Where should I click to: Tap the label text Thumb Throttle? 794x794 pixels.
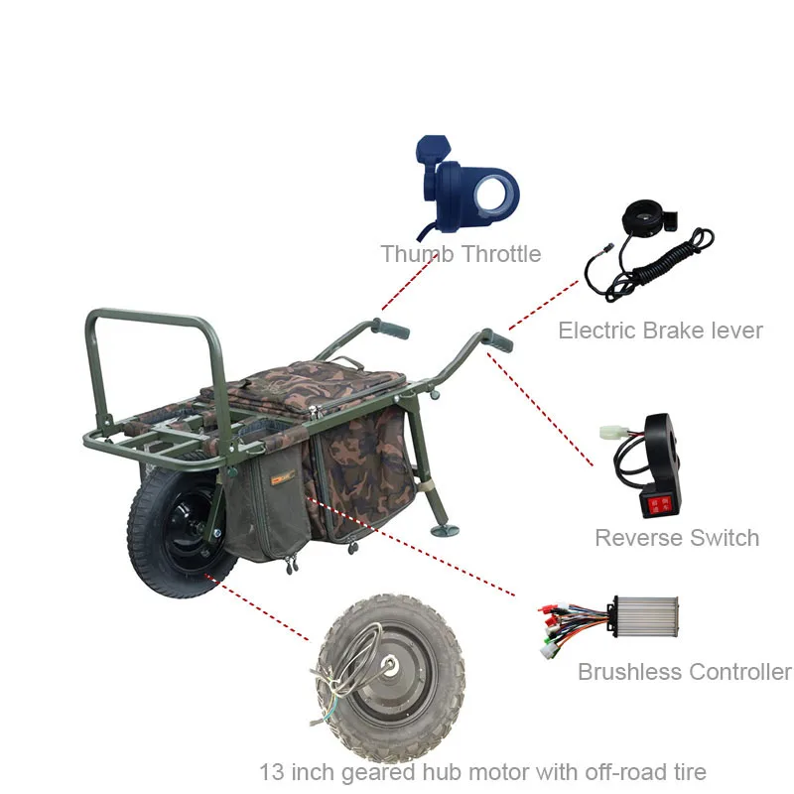click(461, 254)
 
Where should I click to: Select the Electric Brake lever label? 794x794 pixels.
click(660, 331)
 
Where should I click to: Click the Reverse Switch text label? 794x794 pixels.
click(677, 538)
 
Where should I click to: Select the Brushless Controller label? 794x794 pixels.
click(684, 672)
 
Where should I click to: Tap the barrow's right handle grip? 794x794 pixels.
click(498, 340)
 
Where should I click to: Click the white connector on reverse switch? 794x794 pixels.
click(613, 435)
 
